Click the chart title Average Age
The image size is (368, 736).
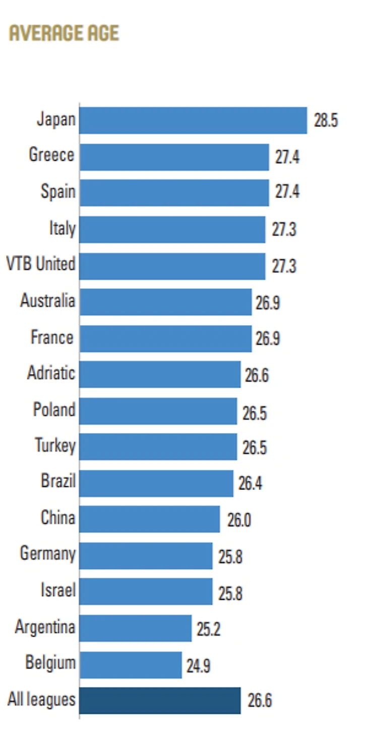coord(64,33)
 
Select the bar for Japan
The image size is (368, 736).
coord(193,120)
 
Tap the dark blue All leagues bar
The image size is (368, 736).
coord(160,701)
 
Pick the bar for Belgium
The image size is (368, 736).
coord(131,665)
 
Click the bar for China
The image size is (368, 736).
coord(150,519)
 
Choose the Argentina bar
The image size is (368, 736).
coord(136,628)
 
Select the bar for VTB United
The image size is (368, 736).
coord(172,266)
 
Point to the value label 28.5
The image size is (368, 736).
coord(326,121)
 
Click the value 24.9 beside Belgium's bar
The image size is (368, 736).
coord(198,666)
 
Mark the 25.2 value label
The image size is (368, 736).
coord(208,629)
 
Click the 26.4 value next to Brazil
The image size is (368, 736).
coord(250,483)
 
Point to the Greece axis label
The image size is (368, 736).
coord(51,155)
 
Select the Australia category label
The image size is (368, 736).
coord(47,300)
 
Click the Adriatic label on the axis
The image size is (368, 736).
coord(51,373)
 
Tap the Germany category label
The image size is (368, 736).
coord(47,554)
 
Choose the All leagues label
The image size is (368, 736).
coord(41,699)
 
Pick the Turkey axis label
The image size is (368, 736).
coord(55,446)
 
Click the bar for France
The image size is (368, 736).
coord(165,338)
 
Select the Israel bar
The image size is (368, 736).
coord(146,592)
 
